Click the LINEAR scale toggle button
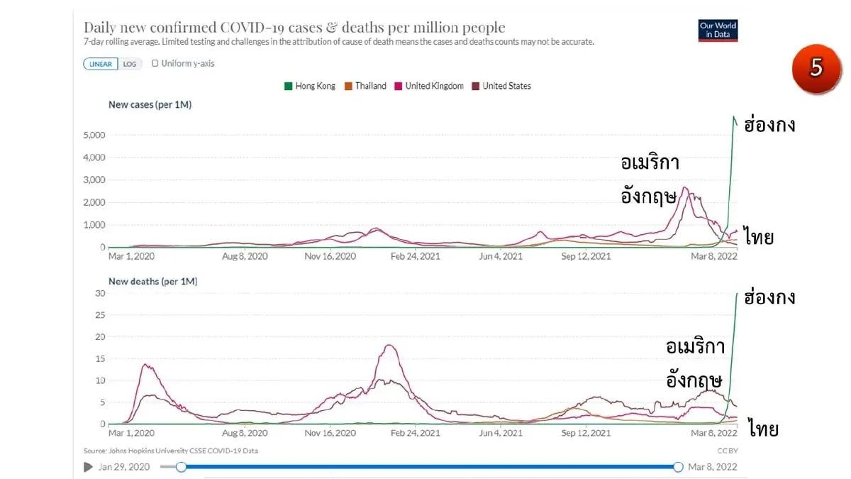pos(100,64)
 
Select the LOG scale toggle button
pos(130,64)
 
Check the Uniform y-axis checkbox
pos(155,63)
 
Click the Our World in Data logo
pos(718,31)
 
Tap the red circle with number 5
pos(816,68)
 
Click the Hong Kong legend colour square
pos(289,87)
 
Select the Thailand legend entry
pos(365,87)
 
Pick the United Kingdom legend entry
pos(429,87)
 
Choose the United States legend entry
pos(501,87)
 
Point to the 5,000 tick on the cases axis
pos(94,135)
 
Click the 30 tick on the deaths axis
pos(100,293)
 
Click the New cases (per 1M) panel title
pos(150,104)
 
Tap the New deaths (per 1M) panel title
pos(153,281)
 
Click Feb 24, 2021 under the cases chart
pos(416,256)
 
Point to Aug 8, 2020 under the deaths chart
pos(245,433)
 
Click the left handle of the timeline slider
pos(182,467)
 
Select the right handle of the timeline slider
pos(678,467)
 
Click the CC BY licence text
pos(728,451)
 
